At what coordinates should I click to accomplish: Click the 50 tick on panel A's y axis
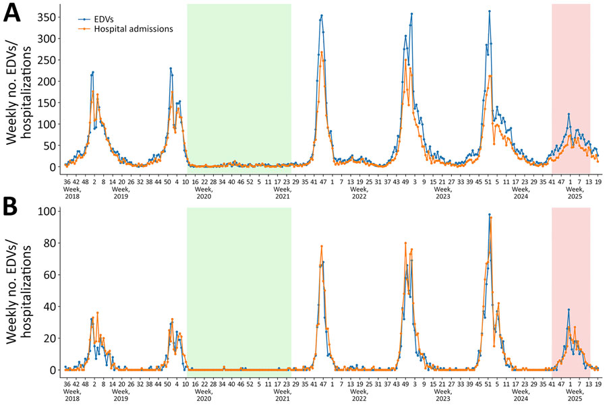pyautogui.click(x=53, y=146)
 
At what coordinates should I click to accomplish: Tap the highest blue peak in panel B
pyautogui.click(x=489, y=215)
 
